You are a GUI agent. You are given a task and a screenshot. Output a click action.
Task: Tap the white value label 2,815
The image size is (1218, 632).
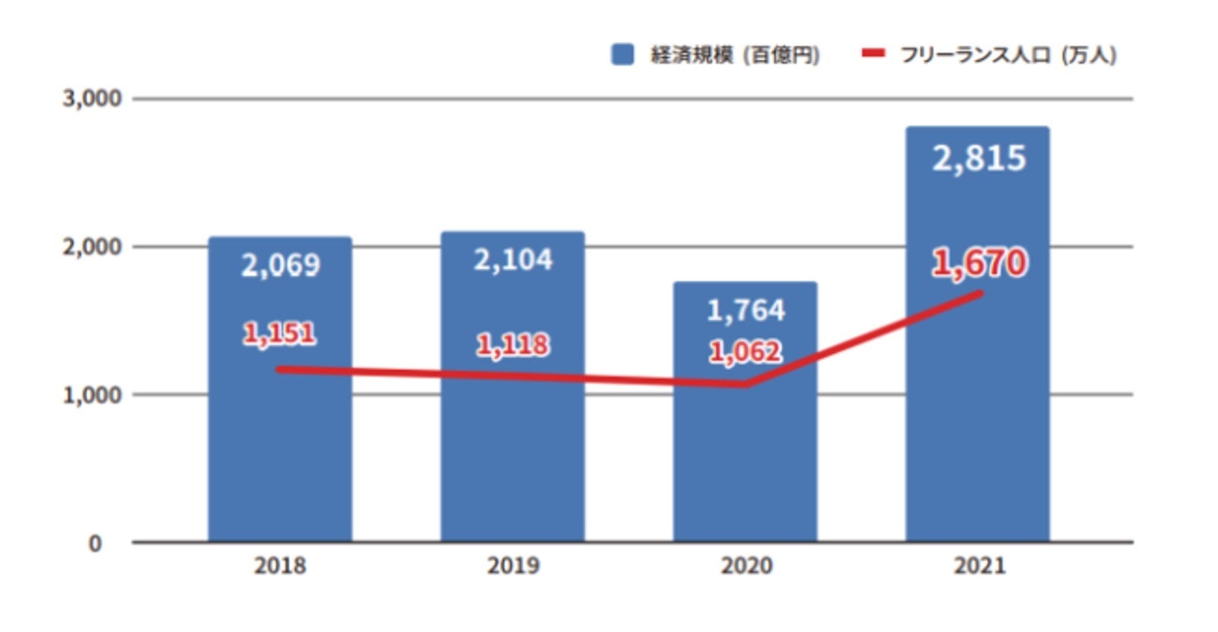979,158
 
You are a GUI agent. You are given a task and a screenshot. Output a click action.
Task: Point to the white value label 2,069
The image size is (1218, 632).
280,265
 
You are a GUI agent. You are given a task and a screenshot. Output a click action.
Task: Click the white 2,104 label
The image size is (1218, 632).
513,259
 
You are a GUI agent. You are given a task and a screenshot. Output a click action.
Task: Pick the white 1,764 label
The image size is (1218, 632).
745,310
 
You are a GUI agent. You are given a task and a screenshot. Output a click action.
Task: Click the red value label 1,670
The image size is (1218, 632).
979,262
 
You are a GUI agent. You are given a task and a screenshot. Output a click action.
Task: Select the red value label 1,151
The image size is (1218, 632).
279,333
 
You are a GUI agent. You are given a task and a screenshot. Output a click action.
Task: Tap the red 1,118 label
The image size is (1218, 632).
513,345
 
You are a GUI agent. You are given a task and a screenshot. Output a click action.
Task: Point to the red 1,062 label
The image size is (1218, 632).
745,352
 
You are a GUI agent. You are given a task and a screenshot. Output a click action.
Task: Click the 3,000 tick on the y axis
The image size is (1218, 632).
92,98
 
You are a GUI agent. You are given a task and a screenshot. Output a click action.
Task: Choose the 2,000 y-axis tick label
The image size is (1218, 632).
92,247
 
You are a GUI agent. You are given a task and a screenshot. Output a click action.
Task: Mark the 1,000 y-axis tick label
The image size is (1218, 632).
92,395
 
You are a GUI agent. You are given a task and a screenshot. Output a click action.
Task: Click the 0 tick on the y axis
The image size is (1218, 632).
95,543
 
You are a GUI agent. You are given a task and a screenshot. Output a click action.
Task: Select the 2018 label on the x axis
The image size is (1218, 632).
280,565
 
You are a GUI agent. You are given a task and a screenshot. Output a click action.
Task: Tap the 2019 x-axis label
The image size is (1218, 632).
513,565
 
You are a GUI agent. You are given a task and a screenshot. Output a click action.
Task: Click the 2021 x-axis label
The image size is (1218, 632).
979,565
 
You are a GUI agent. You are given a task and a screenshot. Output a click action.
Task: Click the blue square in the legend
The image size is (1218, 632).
622,55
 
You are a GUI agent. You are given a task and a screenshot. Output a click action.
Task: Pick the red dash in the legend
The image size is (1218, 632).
873,53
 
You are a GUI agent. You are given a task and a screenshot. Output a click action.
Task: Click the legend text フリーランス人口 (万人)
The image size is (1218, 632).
1008,55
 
